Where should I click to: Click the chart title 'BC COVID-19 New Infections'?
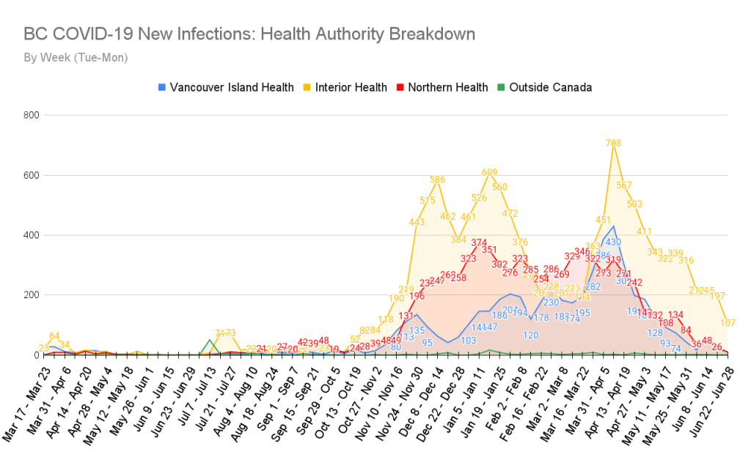tap(249, 34)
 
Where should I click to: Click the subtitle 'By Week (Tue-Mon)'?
tap(76, 57)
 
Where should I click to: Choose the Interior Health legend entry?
tap(345, 87)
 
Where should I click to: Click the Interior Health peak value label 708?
tap(614, 143)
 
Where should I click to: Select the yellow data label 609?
tap(489, 172)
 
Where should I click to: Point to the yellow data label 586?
tap(438, 179)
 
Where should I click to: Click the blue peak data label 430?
tap(614, 242)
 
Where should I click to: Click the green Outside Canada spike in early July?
tap(210, 341)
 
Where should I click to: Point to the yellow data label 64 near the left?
tap(54, 335)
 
